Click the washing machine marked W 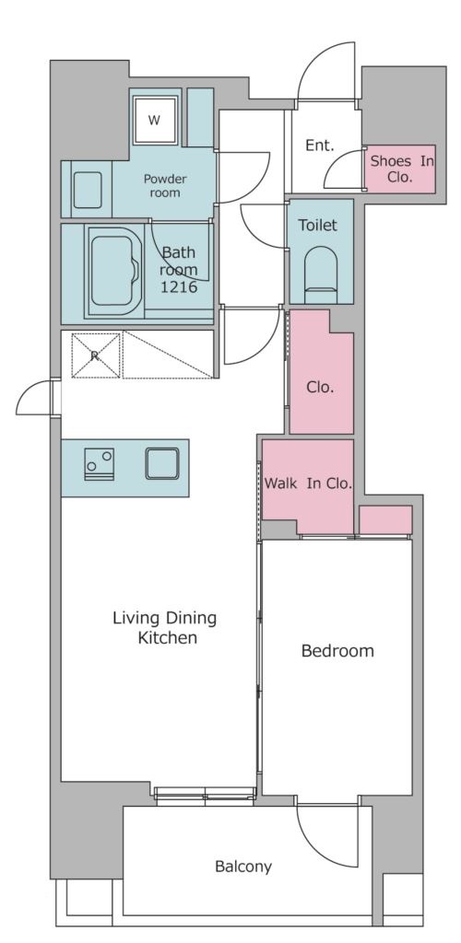coord(155,121)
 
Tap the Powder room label coord(165,186)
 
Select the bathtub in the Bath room coord(115,271)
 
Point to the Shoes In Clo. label coord(401,169)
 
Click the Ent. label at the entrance coord(320,145)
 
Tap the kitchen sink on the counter coord(162,464)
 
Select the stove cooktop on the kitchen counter coord(100,464)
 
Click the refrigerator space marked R coord(96,355)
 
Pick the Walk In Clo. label coord(308,483)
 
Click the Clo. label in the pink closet coord(320,388)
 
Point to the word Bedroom coord(337,651)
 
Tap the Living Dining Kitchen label coord(165,627)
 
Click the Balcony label coord(243,867)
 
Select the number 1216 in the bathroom coord(178,287)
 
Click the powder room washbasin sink coord(88,190)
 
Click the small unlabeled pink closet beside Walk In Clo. coord(385,519)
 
